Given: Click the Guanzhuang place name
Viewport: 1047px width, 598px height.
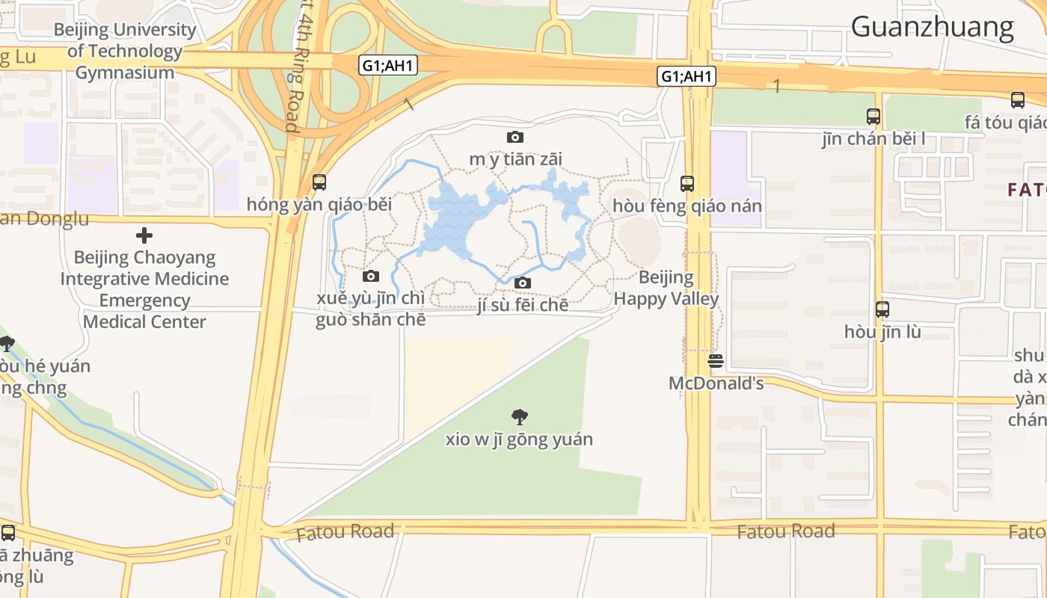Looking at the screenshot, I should (932, 27).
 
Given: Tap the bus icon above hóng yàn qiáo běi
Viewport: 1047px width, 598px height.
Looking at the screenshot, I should (319, 182).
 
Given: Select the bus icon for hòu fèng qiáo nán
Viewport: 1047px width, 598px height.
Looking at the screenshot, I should (687, 183).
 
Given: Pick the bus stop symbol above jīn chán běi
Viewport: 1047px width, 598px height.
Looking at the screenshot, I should (873, 117).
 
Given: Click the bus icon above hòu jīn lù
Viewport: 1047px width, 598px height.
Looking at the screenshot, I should (882, 309).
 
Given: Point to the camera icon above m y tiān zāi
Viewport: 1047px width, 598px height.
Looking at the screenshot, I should (515, 137).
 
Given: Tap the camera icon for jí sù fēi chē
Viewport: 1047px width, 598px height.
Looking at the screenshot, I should (523, 283).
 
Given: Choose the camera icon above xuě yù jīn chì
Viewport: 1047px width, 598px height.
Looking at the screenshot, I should (370, 276).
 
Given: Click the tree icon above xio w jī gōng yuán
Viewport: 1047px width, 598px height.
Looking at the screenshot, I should (518, 416).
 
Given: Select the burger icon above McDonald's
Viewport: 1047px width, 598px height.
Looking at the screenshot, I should (716, 362).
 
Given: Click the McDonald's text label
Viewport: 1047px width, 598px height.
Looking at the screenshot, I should (716, 383).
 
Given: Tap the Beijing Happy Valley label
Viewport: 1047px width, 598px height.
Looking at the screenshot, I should (666, 289).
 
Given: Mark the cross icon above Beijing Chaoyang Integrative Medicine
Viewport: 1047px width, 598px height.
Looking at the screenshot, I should (144, 236).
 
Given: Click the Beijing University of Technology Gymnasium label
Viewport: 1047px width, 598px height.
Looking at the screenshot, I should (125, 51).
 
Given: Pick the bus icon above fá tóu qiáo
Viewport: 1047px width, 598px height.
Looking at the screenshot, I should (1017, 100).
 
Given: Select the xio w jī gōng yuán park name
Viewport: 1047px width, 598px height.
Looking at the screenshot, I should (518, 439).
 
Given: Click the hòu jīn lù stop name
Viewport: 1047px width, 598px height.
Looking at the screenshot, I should (882, 331).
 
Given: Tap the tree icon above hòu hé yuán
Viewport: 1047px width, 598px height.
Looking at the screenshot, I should (7, 344).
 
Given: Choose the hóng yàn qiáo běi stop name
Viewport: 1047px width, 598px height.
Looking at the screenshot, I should (319, 204).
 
